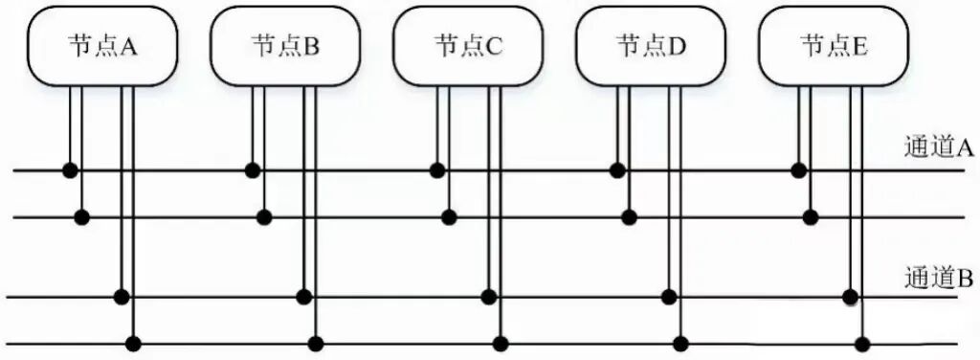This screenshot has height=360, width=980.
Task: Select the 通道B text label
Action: pos(938,279)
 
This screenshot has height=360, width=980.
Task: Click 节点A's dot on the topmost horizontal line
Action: pos(70,170)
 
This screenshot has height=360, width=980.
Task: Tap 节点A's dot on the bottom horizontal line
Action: pos(134,342)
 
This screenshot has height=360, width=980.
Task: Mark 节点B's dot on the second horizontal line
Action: pos(264,217)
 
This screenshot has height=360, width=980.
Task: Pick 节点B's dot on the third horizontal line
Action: pos(304,296)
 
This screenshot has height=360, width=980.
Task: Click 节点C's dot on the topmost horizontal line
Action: pos(437,170)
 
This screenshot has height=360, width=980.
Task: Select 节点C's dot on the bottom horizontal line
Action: pos(501,342)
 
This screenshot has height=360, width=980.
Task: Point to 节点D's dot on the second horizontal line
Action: pos(629,217)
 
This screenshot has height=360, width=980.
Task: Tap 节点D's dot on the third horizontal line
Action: pos(669,296)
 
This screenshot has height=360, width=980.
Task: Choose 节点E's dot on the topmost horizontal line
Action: pos(799,170)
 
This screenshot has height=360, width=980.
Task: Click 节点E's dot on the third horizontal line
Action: pos(850,297)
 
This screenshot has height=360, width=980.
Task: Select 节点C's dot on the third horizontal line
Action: pos(488,296)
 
